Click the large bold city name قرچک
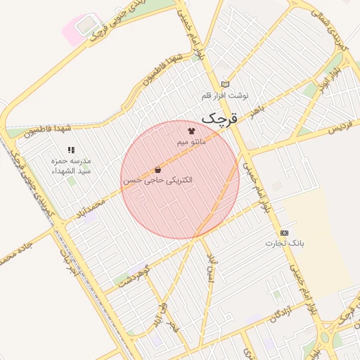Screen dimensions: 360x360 pos(219,118)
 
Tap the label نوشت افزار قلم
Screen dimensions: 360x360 pos(225,94)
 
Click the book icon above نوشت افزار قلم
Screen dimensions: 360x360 pos(225,84)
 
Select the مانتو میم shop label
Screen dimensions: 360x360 pos(191,143)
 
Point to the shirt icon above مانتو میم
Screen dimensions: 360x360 pos(191,131)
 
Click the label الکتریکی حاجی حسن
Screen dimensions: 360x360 pos(157,181)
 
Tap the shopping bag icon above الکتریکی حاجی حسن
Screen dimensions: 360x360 pos(157,169)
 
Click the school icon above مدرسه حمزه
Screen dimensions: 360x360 pos(71,150)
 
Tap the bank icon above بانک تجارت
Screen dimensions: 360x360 pos(284,233)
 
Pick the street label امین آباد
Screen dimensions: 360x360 pos(209,269)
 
